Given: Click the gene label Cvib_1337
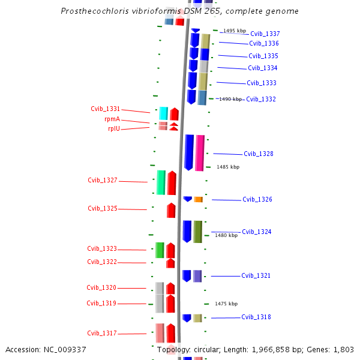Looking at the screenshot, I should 265,34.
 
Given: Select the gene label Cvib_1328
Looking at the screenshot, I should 259,154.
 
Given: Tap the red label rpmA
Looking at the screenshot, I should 112,119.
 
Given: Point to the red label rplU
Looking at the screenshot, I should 114,128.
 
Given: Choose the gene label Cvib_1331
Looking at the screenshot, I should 105,109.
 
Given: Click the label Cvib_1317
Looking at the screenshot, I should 101,333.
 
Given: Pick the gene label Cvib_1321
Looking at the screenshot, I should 256,275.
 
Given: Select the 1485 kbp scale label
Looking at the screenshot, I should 228,167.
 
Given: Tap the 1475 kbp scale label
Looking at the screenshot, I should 226,304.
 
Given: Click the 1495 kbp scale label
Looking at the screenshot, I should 235,31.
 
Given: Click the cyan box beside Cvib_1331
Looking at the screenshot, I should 163,113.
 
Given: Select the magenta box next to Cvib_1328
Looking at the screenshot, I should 200,152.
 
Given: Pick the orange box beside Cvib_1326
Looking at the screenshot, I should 198,199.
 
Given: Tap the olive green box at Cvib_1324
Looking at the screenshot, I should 197,232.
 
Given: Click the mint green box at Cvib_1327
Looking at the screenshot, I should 161,182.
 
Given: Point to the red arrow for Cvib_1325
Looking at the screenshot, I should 171,210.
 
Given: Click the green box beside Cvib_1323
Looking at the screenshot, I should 160,250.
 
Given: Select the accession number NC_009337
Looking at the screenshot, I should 67,349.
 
